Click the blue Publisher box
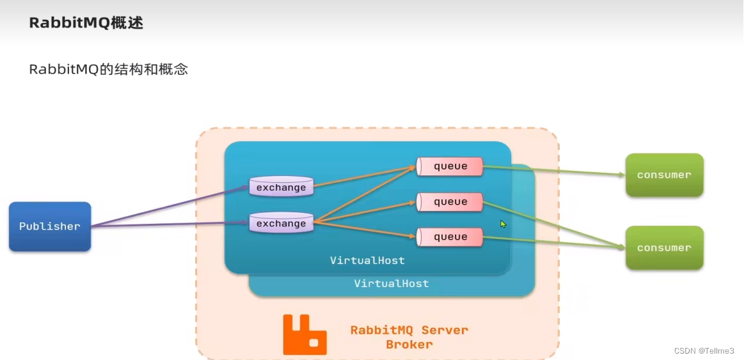50,226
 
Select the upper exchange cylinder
281,187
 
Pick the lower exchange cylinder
281,223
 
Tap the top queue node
450,166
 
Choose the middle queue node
450,202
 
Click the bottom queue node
450,237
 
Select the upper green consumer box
664,175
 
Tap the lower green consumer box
664,247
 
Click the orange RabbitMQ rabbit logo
305,334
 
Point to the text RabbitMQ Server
409,331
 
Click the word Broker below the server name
409,345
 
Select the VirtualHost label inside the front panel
367,261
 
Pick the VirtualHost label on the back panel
392,283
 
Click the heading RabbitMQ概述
86,23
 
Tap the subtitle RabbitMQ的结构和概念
108,70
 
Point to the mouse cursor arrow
503,224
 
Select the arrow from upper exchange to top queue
365,177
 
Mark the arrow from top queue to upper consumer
553,171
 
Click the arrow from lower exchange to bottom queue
365,230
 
